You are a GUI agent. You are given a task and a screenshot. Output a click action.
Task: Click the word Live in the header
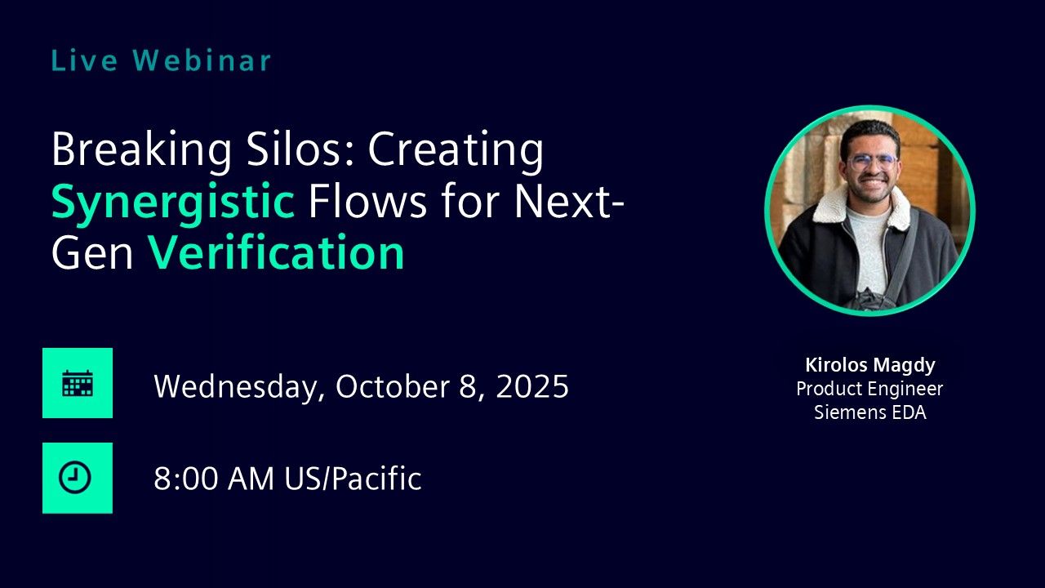[x=84, y=60]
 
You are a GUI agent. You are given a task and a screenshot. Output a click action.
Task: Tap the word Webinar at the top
[x=202, y=60]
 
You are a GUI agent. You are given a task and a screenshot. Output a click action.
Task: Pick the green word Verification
[x=276, y=252]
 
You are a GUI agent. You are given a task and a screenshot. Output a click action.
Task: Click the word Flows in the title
[x=367, y=201]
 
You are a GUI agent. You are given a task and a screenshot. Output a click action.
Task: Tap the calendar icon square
[x=78, y=383]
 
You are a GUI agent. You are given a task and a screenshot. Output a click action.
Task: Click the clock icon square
[x=78, y=478]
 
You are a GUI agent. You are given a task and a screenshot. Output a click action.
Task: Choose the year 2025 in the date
[x=532, y=386]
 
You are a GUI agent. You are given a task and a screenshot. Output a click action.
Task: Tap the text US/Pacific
[x=354, y=479]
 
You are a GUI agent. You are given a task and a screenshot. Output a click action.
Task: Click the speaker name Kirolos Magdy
[x=870, y=365]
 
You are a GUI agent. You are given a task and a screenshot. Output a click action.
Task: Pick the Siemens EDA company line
[x=870, y=412]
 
